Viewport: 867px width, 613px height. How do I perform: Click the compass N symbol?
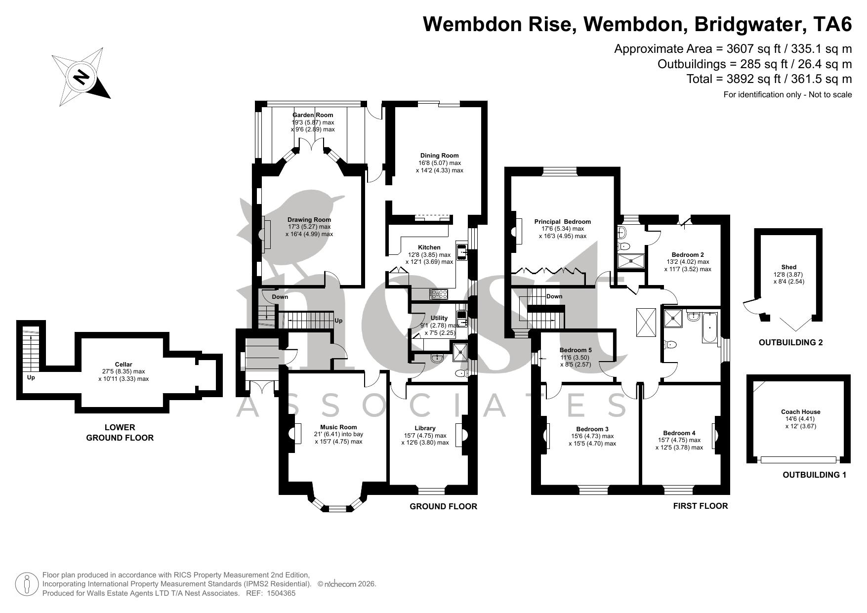pos(81,77)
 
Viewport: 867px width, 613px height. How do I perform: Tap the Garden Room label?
pos(313,115)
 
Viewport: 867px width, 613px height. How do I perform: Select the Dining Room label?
pos(439,156)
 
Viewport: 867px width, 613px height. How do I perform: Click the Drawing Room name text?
pos(309,220)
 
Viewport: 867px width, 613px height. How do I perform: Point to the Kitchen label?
pos(429,247)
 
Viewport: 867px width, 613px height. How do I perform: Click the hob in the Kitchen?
pos(439,294)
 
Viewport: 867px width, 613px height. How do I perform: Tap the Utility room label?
pos(439,318)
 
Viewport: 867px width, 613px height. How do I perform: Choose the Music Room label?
pos(338,427)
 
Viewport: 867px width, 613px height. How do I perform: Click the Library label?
pos(425,428)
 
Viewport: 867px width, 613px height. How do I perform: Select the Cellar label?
pos(123,365)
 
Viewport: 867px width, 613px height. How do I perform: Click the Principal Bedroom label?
pos(563,222)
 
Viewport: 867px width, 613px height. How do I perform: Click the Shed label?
pos(789,267)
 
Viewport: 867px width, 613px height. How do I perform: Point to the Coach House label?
pos(800,412)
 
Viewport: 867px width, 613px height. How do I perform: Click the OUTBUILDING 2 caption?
pos(790,342)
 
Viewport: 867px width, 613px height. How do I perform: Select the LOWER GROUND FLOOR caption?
pos(120,433)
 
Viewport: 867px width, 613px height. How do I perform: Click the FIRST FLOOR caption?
pos(700,506)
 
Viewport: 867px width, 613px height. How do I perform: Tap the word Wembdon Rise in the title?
pos(499,24)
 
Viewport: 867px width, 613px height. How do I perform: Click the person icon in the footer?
pos(27,584)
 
